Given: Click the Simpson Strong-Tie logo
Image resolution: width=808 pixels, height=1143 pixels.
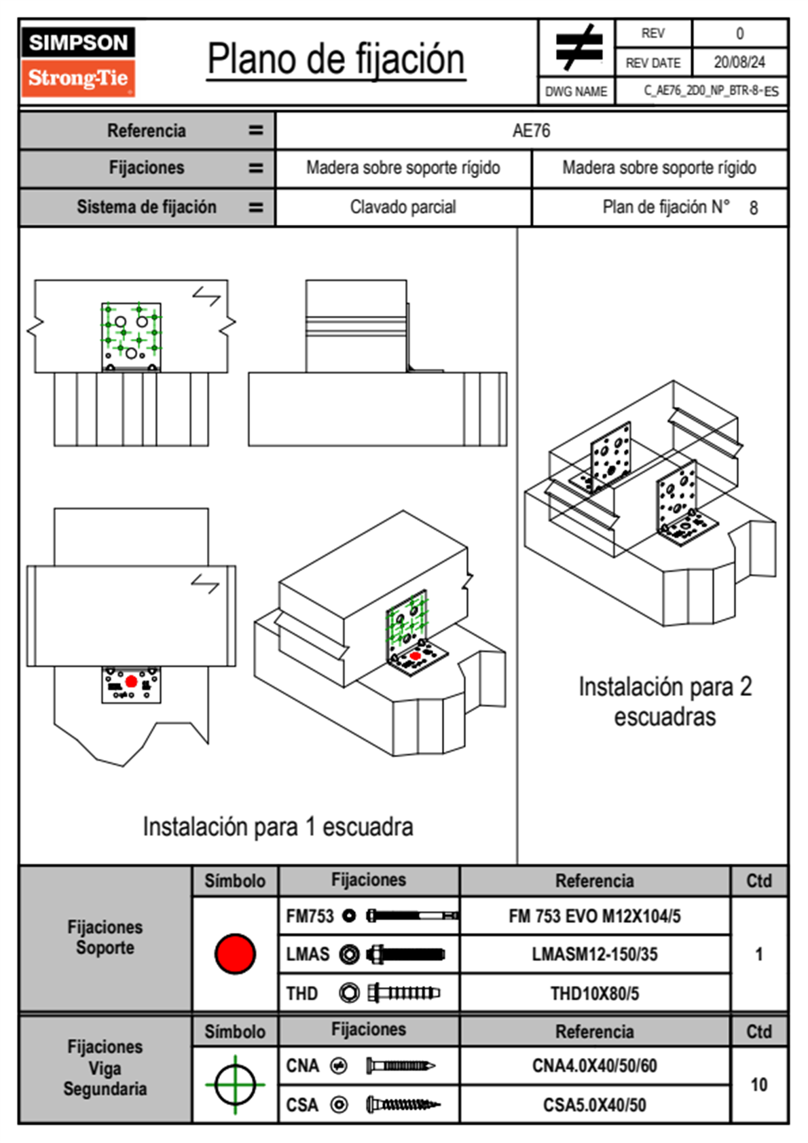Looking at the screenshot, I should coord(78,61).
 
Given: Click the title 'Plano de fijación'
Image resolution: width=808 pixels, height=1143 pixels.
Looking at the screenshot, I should coord(336,59).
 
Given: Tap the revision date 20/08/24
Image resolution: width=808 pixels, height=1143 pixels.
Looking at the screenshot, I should coord(739,63).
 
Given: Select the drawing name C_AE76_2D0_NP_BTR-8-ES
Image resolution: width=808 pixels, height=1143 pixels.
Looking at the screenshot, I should coord(710,91).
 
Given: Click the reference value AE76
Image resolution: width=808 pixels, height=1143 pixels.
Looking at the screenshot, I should coord(531,130).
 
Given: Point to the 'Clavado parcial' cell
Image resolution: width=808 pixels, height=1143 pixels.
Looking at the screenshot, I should coord(403,207).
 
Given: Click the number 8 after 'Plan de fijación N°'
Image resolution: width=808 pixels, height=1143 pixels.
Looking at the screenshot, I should coord(753,208).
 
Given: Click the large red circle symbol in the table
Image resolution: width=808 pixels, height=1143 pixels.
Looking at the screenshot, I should coord(235,953).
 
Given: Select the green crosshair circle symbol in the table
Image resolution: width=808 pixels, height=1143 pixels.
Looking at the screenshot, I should coord(235,1085).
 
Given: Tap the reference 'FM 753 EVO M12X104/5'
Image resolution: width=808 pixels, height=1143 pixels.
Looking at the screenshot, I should coord(594,916).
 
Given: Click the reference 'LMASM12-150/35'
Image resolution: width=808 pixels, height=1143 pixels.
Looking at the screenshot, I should coord(594,954).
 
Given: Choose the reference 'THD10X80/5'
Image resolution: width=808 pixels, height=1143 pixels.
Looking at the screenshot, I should coord(594,993).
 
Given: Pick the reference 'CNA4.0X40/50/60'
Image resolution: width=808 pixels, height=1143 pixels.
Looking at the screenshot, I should coord(594,1066).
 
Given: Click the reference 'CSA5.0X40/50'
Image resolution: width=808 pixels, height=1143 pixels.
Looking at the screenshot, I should coord(594,1105).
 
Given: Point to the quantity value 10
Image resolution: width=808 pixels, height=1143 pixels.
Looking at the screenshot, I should coord(758,1085).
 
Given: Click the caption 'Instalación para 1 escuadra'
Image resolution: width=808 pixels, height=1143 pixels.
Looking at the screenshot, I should coord(278,826).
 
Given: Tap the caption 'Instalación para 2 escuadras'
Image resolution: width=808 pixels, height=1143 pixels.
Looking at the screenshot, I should coord(665,701).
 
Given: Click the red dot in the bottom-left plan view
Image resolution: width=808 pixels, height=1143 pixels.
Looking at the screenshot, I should coord(131,682).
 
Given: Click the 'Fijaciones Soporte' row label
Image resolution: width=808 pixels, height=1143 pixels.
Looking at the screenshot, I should coord(105,937).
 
